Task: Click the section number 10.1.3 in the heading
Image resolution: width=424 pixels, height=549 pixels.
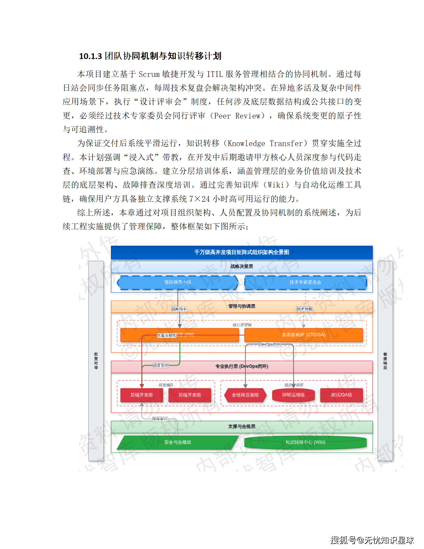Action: tap(90, 56)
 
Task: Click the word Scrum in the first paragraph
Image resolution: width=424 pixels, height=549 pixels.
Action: tap(149, 74)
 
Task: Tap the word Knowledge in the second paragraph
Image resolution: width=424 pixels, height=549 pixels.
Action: tap(246, 143)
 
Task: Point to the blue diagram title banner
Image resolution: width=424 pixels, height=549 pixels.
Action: tap(242, 252)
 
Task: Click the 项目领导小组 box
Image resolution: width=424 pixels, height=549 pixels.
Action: tap(178, 282)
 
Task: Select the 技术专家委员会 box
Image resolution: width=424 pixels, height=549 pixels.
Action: tap(305, 282)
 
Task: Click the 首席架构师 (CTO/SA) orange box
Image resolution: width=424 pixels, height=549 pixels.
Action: tap(303, 335)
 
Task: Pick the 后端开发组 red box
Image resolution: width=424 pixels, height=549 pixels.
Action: tap(142, 395)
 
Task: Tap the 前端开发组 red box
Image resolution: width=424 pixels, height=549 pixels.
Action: tap(190, 395)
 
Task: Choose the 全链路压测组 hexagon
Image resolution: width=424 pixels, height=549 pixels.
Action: tap(245, 395)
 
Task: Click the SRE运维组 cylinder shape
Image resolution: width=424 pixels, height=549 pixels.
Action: tap(293, 395)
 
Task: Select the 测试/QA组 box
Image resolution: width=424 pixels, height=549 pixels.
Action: tap(341, 395)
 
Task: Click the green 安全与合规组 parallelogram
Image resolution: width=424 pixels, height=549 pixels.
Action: tap(178, 442)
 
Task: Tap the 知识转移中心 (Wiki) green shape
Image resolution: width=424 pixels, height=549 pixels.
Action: tap(305, 442)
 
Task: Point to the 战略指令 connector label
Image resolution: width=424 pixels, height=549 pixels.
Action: tap(179, 309)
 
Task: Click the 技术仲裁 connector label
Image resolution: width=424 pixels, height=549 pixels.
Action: tap(304, 309)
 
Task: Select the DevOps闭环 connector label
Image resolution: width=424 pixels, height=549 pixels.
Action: tap(270, 344)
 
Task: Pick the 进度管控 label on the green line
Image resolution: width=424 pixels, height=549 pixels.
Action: tap(161, 365)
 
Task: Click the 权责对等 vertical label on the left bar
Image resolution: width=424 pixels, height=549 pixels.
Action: tap(96, 361)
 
